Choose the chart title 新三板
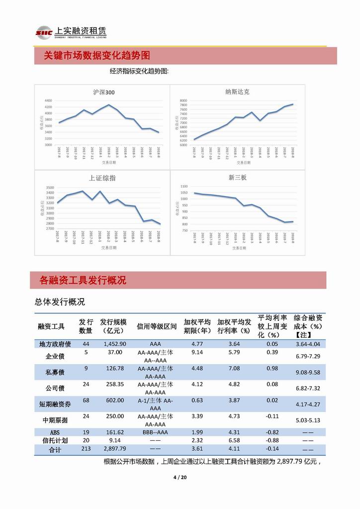(237, 178)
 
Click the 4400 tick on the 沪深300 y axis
(48, 101)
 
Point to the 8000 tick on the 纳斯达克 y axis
(183, 101)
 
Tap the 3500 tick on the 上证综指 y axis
(49, 187)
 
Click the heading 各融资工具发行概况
(83, 281)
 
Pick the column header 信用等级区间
(157, 326)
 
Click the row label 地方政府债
(55, 344)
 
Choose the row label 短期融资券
(55, 404)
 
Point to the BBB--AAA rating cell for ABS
(155, 432)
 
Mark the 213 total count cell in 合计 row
(86, 449)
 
